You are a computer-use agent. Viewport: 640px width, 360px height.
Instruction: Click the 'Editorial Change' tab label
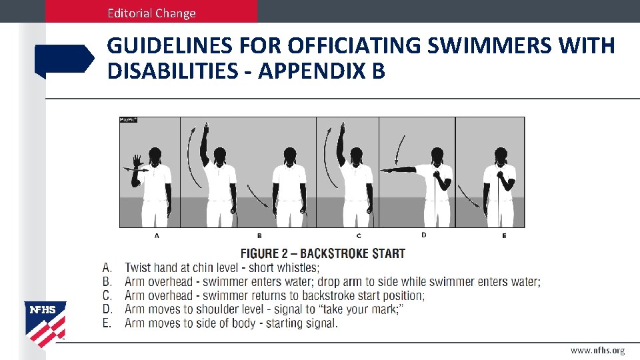pyautogui.click(x=153, y=13)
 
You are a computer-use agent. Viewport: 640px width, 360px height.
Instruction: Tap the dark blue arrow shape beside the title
pyautogui.click(x=64, y=61)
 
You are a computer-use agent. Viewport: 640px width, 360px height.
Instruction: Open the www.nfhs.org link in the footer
pyautogui.click(x=597, y=351)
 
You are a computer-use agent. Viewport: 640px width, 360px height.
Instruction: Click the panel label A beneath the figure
pyautogui.click(x=157, y=236)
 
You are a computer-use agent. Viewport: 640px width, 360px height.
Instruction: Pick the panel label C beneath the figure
pyautogui.click(x=359, y=236)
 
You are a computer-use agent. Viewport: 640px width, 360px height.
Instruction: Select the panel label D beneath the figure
pyautogui.click(x=424, y=235)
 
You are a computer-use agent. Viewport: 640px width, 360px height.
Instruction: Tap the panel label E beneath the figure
pyautogui.click(x=504, y=236)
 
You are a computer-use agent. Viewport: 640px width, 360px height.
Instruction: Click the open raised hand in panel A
pyautogui.click(x=137, y=161)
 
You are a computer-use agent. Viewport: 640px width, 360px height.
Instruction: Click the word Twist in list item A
pyautogui.click(x=137, y=268)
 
